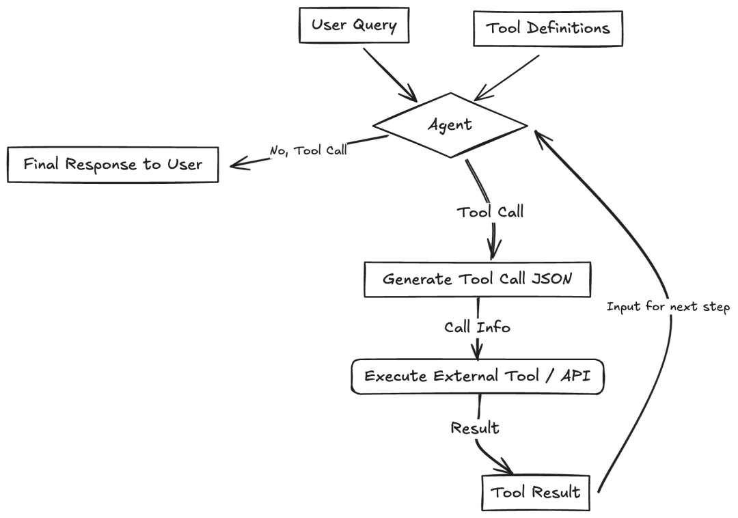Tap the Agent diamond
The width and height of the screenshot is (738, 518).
click(450, 124)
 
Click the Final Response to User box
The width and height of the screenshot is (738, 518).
click(113, 165)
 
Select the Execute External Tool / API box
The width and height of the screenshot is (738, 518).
click(478, 377)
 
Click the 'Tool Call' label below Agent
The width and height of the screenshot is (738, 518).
click(490, 212)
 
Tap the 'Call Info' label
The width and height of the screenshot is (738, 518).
click(477, 327)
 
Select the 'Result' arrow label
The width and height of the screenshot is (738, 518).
click(475, 428)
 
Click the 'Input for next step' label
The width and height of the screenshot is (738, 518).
click(668, 307)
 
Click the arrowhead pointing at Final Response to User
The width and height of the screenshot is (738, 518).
click(236, 164)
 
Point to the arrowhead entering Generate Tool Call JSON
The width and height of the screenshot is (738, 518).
click(493, 249)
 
